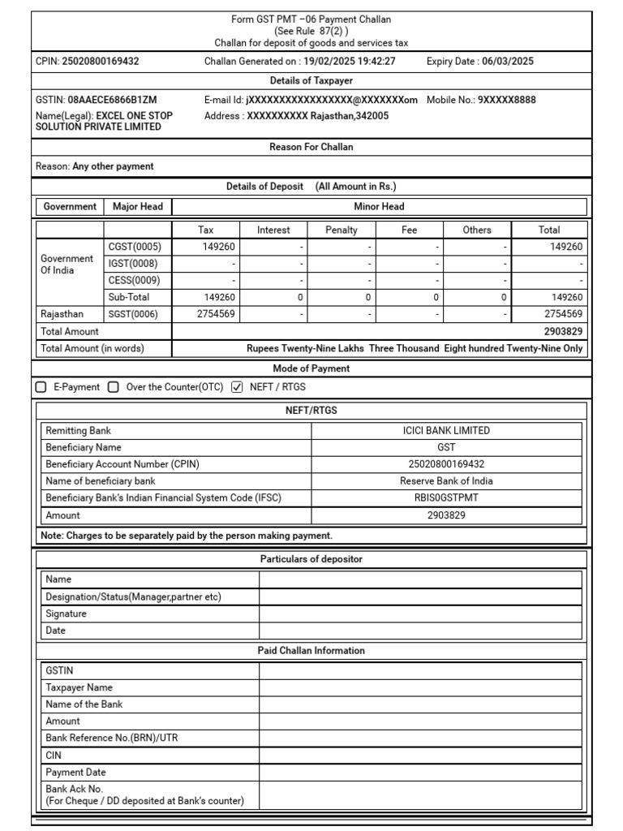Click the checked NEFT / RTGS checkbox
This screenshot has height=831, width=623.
[x=237, y=387]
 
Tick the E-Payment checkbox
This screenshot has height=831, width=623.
[x=41, y=387]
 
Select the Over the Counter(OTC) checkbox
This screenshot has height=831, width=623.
[x=114, y=387]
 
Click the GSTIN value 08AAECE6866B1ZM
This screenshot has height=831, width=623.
[x=110, y=100]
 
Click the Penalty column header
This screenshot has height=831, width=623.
[x=341, y=230]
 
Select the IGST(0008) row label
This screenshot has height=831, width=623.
[x=133, y=264]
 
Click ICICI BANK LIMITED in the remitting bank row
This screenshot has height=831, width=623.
[x=447, y=431]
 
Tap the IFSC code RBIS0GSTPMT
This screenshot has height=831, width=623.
[x=447, y=498]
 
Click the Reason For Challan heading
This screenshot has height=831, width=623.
[x=311, y=147]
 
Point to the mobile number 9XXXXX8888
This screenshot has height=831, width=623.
[x=506, y=100]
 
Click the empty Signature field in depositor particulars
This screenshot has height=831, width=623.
[x=420, y=614]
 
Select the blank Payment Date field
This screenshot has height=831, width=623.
[x=420, y=772]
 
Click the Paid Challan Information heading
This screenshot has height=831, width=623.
[x=311, y=651]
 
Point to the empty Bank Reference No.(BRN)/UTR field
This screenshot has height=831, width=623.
[x=420, y=738]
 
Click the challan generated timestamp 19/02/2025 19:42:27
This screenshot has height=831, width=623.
[x=350, y=62]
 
